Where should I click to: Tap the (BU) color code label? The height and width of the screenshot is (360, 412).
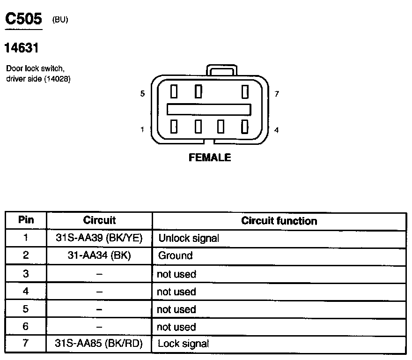(60, 20)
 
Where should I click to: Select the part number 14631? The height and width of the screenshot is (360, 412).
(21, 47)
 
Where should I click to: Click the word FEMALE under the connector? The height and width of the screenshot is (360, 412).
(210, 158)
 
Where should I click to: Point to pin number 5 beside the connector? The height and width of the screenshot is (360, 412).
(142, 94)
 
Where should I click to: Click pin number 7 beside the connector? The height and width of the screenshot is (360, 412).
(277, 94)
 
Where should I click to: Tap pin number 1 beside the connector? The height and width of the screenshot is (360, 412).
(142, 130)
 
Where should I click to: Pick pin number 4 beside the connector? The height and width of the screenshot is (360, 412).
(277, 130)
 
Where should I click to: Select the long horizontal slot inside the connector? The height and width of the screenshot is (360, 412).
(209, 109)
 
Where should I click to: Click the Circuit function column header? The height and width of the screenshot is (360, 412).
(279, 221)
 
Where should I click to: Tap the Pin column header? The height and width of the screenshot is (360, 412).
(26, 220)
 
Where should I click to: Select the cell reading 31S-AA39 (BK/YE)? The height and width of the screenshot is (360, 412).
(99, 238)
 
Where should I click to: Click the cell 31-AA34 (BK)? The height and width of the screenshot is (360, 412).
(99, 255)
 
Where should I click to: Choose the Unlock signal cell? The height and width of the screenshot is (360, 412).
(189, 238)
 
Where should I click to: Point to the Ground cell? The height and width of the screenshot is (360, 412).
(176, 256)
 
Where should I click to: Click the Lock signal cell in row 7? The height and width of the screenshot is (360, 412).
(184, 344)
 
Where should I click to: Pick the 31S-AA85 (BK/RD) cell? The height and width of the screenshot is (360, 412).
(99, 344)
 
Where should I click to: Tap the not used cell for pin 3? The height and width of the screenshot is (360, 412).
(177, 274)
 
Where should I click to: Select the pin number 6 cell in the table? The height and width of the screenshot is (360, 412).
(26, 327)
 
